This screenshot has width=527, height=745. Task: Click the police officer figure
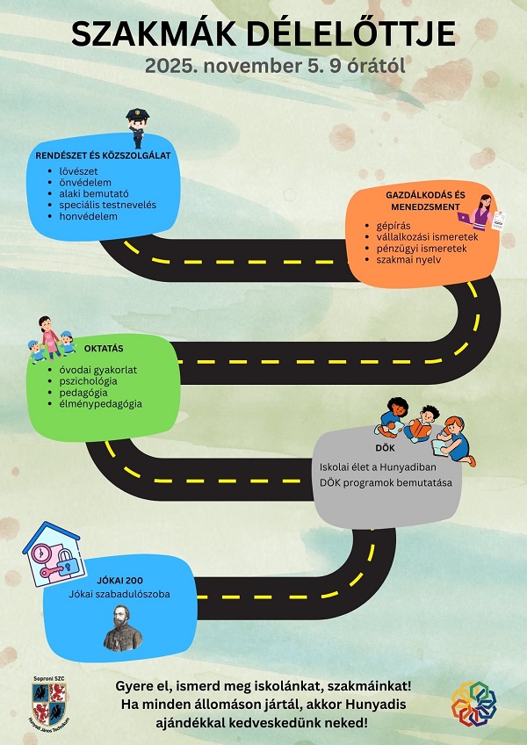tap(136, 128)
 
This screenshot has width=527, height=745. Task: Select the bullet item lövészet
tap(79, 170)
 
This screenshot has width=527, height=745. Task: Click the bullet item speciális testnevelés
tap(108, 204)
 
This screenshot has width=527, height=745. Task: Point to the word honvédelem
tap(89, 215)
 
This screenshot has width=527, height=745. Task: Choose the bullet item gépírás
tap(393, 226)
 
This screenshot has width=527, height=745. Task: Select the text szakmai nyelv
tap(409, 260)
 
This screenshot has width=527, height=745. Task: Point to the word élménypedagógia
tap(106, 404)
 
